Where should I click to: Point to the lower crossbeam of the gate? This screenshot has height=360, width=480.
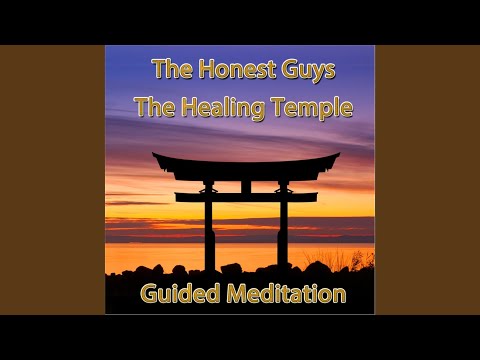245,197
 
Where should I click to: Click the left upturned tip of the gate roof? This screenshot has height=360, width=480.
155,156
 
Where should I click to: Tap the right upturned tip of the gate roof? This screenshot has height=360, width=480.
336,156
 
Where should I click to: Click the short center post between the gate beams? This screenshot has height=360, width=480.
246,185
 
